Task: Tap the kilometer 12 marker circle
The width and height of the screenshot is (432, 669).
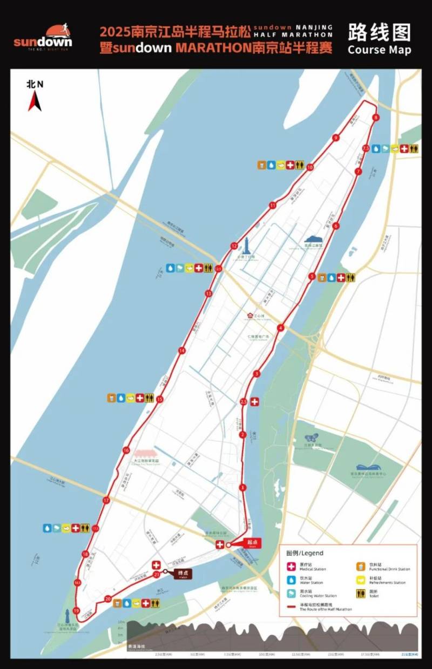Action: coord(234,246)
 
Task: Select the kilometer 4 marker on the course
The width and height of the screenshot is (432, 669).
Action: coord(280,327)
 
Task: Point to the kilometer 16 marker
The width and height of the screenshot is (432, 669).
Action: coord(126,450)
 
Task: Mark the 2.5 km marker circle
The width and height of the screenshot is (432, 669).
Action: coord(244,402)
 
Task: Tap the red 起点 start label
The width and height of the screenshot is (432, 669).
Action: coord(250,543)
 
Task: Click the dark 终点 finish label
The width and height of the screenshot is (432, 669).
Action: coord(183,574)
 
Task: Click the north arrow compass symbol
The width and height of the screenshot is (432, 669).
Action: coord(35,100)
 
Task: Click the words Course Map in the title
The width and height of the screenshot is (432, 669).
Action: coord(379,50)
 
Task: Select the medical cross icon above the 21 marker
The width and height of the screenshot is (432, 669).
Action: coord(157,565)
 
